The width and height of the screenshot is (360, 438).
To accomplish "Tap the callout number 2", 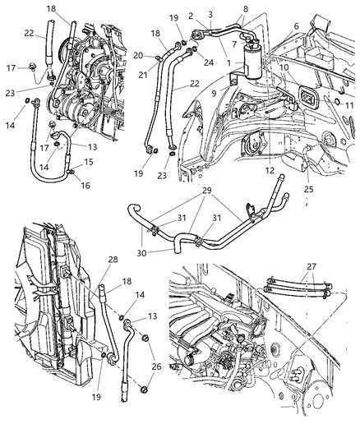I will tap(214, 15).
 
